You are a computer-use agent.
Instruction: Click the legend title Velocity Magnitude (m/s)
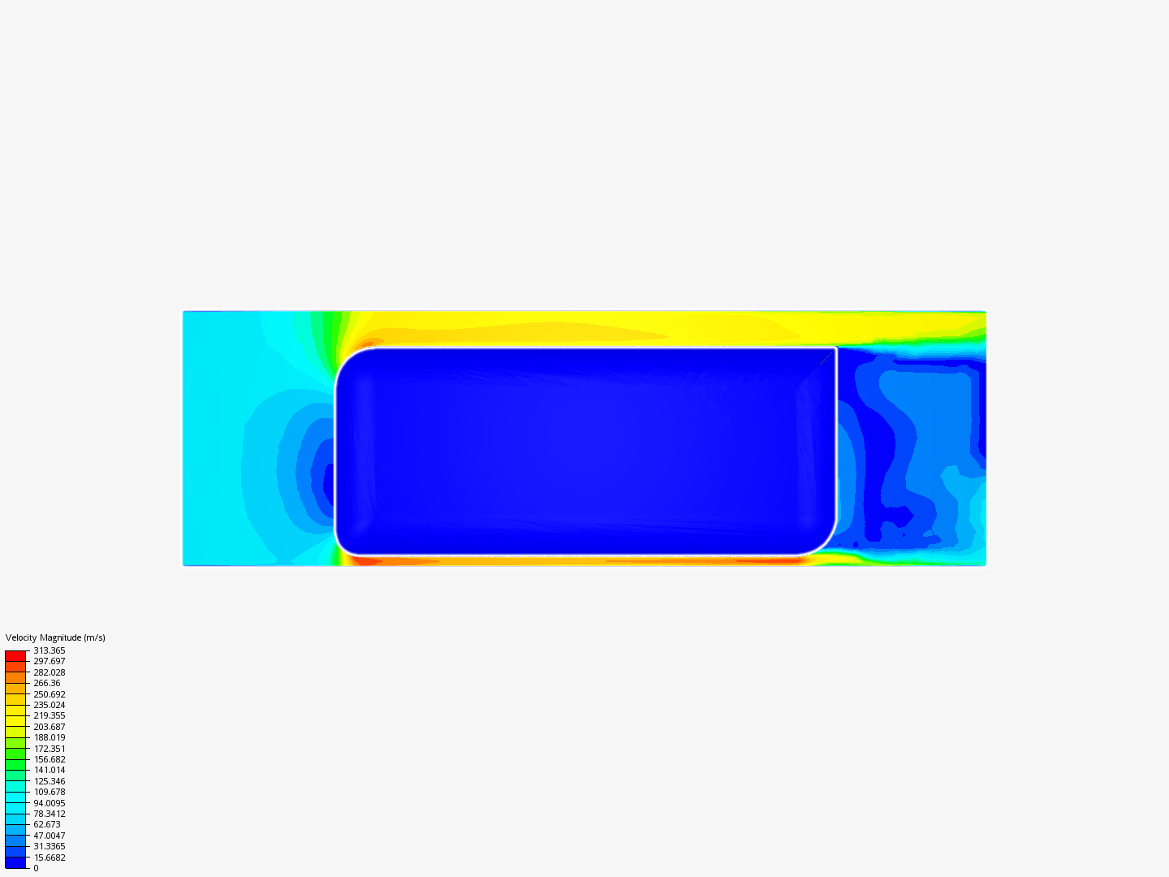[55, 637]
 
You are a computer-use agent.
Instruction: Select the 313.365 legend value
[49, 650]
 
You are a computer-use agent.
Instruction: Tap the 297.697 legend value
[49, 661]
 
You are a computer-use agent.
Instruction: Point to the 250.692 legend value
[49, 694]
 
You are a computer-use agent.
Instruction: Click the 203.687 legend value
[49, 727]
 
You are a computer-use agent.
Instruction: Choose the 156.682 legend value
[49, 759]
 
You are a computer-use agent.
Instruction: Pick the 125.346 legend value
[49, 781]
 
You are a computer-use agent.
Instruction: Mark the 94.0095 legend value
[49, 803]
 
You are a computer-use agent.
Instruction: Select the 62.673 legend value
[47, 824]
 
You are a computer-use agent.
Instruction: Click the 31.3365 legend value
[49, 846]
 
